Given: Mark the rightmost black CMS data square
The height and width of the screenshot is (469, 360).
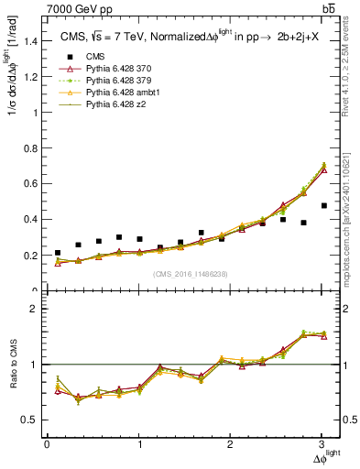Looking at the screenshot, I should point(324,232).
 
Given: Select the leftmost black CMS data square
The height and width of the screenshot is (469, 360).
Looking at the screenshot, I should point(58,253).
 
